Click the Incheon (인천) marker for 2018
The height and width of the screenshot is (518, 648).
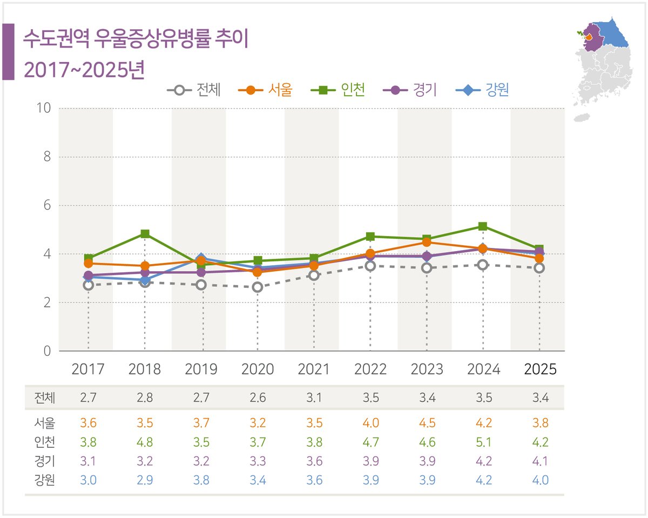click(x=145, y=234)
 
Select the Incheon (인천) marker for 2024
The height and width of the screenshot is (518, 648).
click(x=483, y=226)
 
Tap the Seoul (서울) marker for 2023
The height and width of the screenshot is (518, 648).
click(x=427, y=242)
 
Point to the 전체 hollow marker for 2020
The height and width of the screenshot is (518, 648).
click(x=258, y=287)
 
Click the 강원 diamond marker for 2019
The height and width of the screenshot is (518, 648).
click(x=201, y=258)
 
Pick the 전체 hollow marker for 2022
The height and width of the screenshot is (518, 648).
click(x=370, y=266)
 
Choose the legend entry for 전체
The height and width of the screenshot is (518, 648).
click(x=194, y=90)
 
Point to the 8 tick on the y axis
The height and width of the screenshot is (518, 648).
click(x=46, y=157)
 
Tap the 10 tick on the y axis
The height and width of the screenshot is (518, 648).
click(x=43, y=108)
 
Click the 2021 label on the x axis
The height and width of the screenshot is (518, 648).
click(x=314, y=369)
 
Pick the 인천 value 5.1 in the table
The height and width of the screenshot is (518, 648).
click(x=483, y=442)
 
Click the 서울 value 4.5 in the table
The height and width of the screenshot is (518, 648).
click(x=427, y=422)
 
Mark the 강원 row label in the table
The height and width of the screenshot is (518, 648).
click(x=44, y=480)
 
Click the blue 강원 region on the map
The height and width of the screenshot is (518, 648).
click(x=613, y=35)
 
